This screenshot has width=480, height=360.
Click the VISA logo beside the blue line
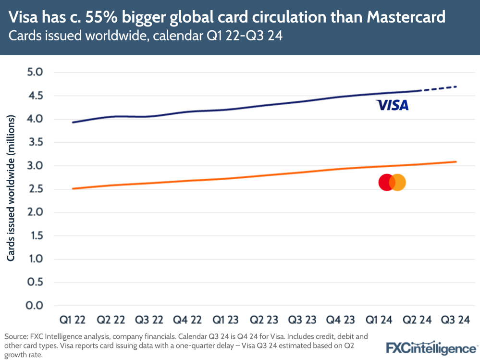click(392, 105)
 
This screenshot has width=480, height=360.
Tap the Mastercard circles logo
click(392, 183)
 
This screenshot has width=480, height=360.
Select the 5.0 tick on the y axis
click(35, 73)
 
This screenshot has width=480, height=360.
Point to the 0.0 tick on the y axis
click(35, 306)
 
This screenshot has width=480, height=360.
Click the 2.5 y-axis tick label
click(35, 189)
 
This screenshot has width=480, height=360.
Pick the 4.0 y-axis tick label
click(35, 119)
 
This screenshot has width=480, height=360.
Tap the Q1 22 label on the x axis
click(73, 320)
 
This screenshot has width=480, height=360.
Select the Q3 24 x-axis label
click(454, 320)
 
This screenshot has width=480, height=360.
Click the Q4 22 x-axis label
click(187, 320)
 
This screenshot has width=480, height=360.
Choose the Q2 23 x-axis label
click(263, 320)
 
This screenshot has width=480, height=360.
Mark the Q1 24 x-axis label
click(378, 320)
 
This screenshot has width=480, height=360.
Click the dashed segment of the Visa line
click(438, 88)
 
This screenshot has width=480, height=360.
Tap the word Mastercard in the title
click(406, 18)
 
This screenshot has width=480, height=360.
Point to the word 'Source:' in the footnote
click(16, 336)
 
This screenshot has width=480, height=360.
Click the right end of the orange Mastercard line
click(455, 161)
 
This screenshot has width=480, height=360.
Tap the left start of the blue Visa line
click(73, 122)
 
